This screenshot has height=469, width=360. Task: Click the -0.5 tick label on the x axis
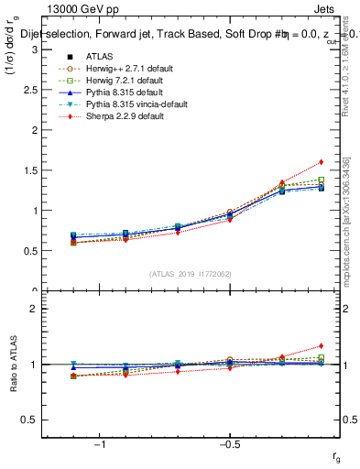coord(228,444)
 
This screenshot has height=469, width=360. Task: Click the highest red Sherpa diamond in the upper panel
coord(322,162)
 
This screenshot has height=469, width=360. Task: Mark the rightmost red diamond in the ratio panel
coord(322,346)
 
